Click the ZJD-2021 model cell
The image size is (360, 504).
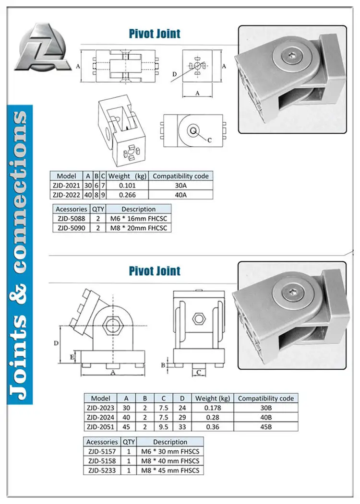coord(67,185)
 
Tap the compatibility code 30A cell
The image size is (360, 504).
coord(180,185)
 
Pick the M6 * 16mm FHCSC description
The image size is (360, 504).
coord(138,219)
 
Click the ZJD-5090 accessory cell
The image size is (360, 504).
coord(71,228)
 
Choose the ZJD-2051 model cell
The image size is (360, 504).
coord(100,426)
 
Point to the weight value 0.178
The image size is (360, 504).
coord(212,408)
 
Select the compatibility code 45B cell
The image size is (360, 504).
coord(265,426)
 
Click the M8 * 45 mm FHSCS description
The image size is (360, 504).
coord(170,470)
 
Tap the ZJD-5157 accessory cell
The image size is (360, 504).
coord(102,451)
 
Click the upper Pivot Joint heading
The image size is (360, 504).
coord(155,34)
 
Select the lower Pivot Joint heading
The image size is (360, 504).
coord(155,270)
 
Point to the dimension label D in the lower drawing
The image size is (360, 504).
coord(56,343)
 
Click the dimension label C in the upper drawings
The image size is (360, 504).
coord(210,141)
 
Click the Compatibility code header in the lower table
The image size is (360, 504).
coord(265,398)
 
